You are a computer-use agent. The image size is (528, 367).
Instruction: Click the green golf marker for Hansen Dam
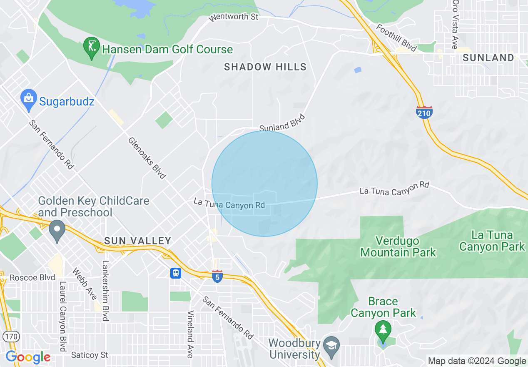point(91,48)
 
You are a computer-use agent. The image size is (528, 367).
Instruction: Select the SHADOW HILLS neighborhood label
point(265,67)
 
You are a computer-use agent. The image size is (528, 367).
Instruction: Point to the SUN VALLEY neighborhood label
point(138,241)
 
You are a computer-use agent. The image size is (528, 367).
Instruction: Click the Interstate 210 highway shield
point(424,112)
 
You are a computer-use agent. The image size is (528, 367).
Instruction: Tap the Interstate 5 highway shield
point(217,276)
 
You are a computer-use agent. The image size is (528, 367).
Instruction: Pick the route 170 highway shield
point(10,336)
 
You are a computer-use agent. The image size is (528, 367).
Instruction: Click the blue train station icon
point(175,273)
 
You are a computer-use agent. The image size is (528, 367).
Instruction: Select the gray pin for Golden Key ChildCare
point(57,231)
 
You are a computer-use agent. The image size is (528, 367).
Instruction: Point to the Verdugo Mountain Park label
point(398,246)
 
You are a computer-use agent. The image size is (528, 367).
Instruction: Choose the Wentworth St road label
point(234,17)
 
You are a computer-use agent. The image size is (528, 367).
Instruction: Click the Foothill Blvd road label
point(396,38)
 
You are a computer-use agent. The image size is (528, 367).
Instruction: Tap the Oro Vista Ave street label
point(455,24)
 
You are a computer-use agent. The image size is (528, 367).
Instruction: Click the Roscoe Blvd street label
point(32,277)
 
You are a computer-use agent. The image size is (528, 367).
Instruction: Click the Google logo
point(28,357)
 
